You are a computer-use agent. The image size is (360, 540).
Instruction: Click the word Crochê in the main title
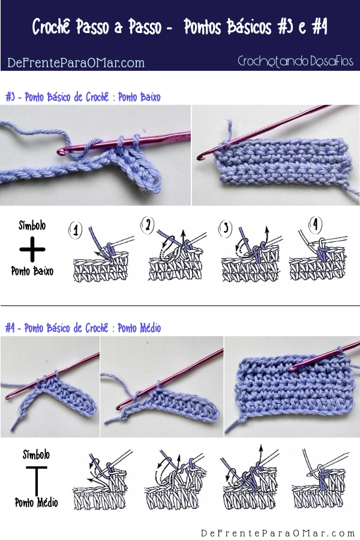52,26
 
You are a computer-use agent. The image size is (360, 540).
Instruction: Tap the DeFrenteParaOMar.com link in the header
76,62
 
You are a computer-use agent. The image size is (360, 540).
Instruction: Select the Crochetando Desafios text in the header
295,61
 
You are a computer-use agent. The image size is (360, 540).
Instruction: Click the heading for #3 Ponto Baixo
83,97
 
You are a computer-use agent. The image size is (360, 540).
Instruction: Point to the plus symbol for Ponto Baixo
32,249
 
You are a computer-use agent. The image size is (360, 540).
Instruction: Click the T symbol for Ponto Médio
36,481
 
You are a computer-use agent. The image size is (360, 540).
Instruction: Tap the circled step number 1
76,230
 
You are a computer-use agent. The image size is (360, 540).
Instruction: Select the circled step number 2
148,226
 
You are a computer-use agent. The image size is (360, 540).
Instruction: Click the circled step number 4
315,225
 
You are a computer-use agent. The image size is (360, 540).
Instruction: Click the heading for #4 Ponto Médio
83,328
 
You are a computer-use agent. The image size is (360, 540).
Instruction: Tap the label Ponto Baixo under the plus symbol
32,271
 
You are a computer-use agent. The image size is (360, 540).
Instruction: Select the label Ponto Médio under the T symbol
36,502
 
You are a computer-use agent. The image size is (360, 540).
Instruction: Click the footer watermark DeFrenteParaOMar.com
278,533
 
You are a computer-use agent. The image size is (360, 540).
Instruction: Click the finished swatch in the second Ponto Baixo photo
283,163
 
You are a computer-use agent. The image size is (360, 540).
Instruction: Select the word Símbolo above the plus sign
32,226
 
